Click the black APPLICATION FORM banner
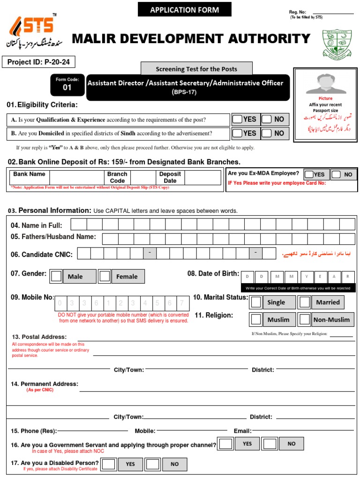tap(178, 9)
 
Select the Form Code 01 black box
tap(67, 84)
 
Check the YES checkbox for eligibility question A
tap(238, 119)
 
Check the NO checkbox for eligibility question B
tap(267, 133)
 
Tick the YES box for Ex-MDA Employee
tap(309, 174)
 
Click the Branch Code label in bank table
tap(117, 177)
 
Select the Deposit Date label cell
tap(170, 177)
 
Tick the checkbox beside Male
tap(56, 276)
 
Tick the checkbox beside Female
tap(105, 276)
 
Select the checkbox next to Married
tap(305, 302)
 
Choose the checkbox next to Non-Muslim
tap(305, 320)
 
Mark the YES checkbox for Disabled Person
tap(108, 464)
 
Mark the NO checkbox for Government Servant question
tap(269, 443)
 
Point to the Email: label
tap(242, 431)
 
